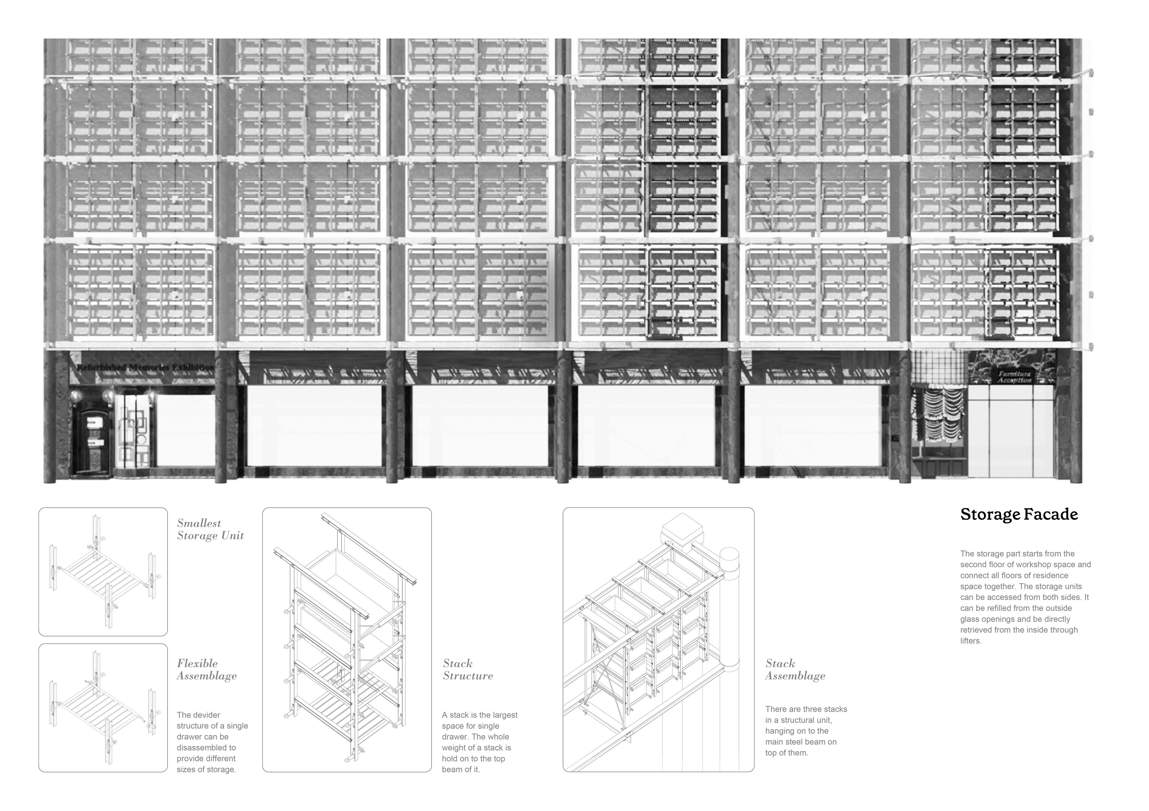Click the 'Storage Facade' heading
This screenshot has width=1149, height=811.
[1018, 515]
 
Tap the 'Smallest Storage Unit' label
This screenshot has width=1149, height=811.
[210, 530]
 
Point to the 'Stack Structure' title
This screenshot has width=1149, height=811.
[468, 669]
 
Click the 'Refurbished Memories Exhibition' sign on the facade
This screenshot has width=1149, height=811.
[145, 367]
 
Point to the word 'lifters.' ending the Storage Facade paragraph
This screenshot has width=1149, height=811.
[971, 641]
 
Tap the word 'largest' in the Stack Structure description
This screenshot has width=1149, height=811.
[504, 715]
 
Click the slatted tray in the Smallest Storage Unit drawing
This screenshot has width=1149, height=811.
[103, 572]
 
